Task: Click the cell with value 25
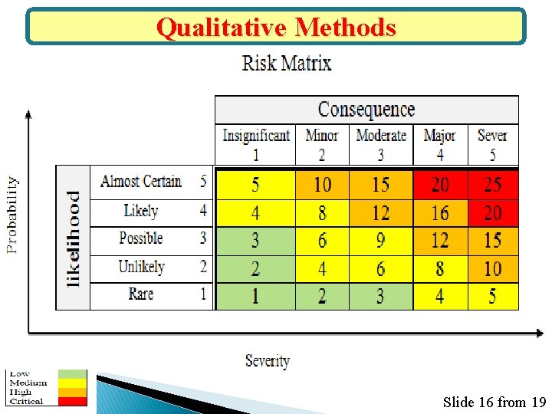pos(492,185)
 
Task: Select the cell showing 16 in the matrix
pos(440,212)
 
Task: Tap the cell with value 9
pos(380,241)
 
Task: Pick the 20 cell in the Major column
pos(440,185)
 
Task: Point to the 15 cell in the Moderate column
pos(380,185)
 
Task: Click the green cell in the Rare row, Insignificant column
pos(255,296)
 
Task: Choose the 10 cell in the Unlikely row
pos(492,268)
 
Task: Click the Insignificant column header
pos(255,143)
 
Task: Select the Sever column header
pos(492,143)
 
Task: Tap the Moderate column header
pos(381,143)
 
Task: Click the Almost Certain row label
pos(141,182)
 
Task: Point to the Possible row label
pos(141,238)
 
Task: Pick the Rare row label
pos(141,294)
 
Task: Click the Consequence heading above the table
pos(366,110)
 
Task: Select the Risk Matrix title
pos(287,63)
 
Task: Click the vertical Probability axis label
pos(12,215)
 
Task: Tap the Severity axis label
pos(267,360)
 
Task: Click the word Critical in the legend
pos(26,401)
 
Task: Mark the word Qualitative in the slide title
pos(222,28)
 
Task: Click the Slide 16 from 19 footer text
pos(494,402)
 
